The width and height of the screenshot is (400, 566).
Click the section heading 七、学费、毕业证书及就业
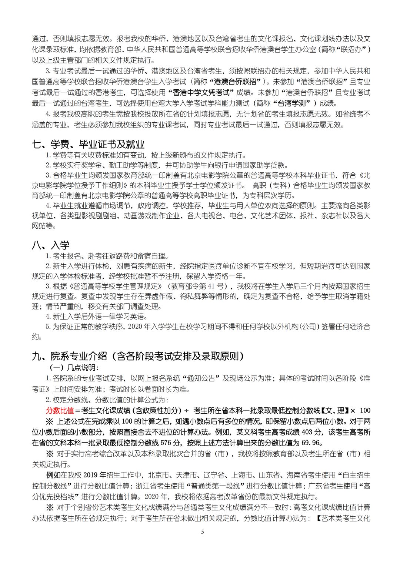(x=88, y=144)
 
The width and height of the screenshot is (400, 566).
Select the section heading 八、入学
(x=51, y=245)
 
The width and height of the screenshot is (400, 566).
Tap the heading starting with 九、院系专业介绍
(x=138, y=356)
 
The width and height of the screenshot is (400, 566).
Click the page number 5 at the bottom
(x=202, y=532)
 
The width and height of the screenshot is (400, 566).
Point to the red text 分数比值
(x=60, y=410)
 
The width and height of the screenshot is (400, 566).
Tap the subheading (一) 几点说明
(x=74, y=367)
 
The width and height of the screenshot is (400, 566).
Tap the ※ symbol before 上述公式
(x=49, y=421)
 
